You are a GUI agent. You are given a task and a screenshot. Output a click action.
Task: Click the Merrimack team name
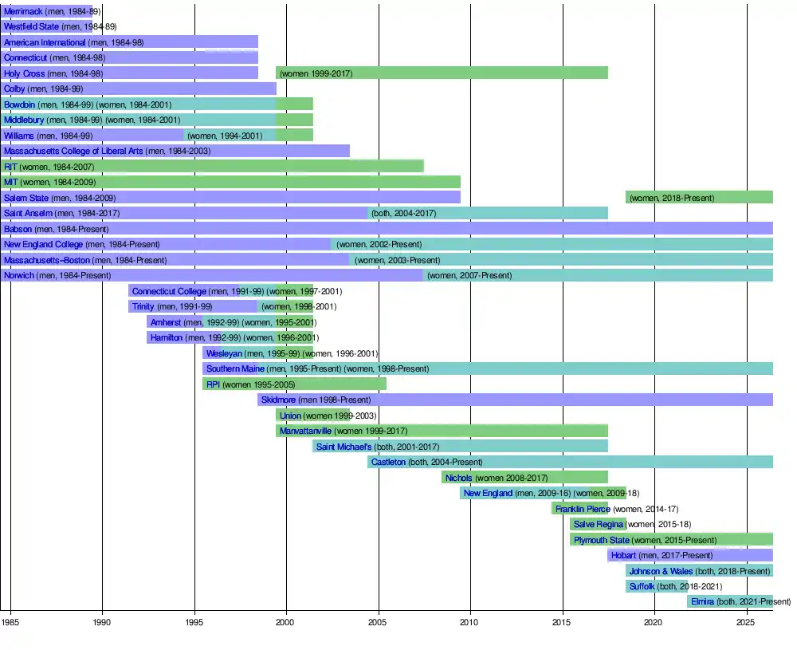click(x=23, y=11)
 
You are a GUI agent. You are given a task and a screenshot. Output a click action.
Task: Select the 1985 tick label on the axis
click(x=10, y=620)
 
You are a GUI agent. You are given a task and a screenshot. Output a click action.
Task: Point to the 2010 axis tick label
click(x=470, y=620)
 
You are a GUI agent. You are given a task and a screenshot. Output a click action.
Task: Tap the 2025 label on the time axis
click(x=746, y=620)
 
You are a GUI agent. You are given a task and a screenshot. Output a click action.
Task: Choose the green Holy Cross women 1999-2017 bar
click(x=442, y=73)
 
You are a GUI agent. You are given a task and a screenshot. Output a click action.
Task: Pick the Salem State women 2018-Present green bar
click(x=699, y=197)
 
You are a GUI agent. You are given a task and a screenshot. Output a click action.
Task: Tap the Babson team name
click(x=18, y=229)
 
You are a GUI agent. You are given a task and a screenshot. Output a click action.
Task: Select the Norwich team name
click(x=19, y=275)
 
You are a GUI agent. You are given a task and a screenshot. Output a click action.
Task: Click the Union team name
click(x=290, y=416)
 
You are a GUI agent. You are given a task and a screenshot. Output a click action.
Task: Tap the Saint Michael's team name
click(x=344, y=447)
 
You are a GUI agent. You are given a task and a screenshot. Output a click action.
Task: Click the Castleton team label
click(x=389, y=462)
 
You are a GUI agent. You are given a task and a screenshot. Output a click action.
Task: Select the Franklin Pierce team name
click(x=583, y=509)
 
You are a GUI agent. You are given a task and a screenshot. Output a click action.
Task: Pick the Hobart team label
click(x=623, y=555)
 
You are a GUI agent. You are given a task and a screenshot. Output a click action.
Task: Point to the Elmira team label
click(x=702, y=601)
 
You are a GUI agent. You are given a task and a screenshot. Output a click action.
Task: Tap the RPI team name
click(x=213, y=384)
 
